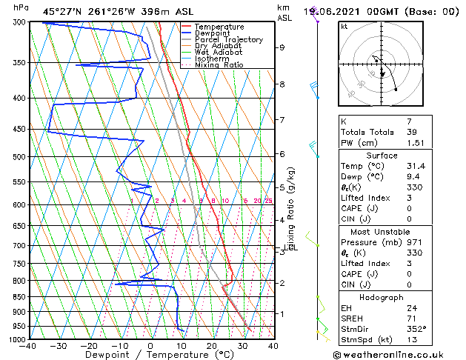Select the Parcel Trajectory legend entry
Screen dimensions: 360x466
pyautogui.click(x=228, y=39)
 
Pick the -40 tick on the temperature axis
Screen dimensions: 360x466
pyautogui.click(x=28, y=345)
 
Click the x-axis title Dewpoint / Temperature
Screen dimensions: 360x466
pyautogui.click(x=151, y=355)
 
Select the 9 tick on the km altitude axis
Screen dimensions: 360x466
pyautogui.click(x=282, y=47)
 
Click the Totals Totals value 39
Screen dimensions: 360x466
pyautogui.click(x=413, y=132)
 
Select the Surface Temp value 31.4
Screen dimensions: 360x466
pyautogui.click(x=416, y=166)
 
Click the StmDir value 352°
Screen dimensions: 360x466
pyautogui.click(x=416, y=329)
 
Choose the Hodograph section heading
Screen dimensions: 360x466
pyautogui.click(x=382, y=296)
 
